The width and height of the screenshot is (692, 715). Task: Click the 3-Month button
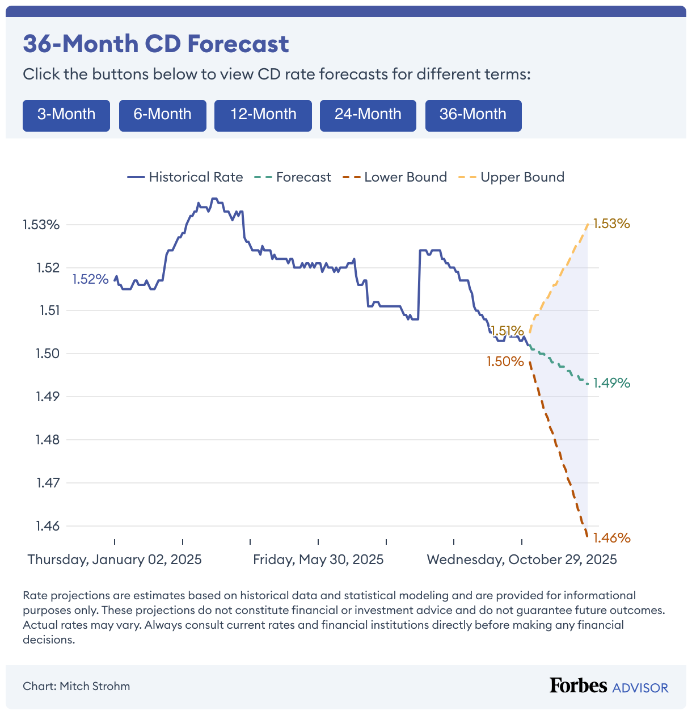(x=66, y=115)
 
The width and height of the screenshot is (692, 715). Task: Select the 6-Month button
(x=162, y=115)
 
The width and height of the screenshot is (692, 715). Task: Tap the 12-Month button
(x=263, y=115)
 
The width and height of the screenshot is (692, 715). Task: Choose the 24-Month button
(x=368, y=115)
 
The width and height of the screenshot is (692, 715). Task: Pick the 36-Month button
(x=473, y=115)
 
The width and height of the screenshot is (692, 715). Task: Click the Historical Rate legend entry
(x=185, y=177)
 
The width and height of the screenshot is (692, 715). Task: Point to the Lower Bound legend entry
(x=395, y=177)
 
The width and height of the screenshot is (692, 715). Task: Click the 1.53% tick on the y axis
(x=41, y=225)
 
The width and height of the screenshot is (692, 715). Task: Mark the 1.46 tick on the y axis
(x=48, y=526)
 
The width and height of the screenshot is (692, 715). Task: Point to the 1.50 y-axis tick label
(x=48, y=354)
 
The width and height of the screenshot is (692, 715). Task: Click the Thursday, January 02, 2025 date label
(x=115, y=560)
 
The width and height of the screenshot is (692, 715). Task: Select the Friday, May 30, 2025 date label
(x=318, y=560)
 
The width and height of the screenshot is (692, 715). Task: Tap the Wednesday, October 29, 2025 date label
(x=522, y=560)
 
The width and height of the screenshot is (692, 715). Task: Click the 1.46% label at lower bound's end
(x=611, y=538)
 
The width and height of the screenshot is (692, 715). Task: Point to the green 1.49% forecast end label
(x=611, y=384)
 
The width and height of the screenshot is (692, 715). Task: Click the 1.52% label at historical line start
(x=90, y=279)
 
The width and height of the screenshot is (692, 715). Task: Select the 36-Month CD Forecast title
(x=156, y=44)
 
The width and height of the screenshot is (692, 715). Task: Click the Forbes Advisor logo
(x=609, y=686)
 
